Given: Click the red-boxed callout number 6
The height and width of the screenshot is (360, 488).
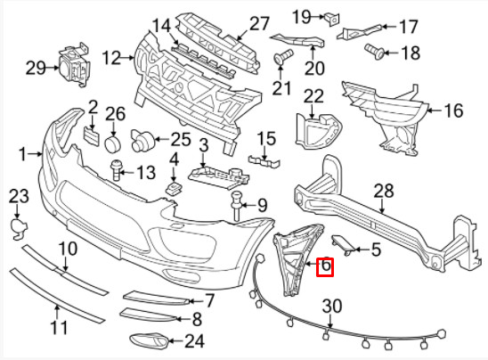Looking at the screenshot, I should point(325,265).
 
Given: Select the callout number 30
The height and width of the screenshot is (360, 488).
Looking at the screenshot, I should point(330,306).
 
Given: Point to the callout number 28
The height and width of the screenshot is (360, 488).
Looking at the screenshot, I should point(384,190).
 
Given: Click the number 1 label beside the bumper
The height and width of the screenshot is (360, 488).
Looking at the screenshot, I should point(24,152).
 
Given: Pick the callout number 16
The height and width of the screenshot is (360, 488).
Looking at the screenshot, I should point(453,111).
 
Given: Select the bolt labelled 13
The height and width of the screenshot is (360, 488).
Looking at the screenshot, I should point(117,168).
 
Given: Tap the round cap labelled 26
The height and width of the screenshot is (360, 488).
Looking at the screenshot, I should point(113,143).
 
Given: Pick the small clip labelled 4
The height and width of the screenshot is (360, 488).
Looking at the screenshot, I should point(174,188).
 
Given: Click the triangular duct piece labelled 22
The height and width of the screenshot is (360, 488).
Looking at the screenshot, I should point(313,129).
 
